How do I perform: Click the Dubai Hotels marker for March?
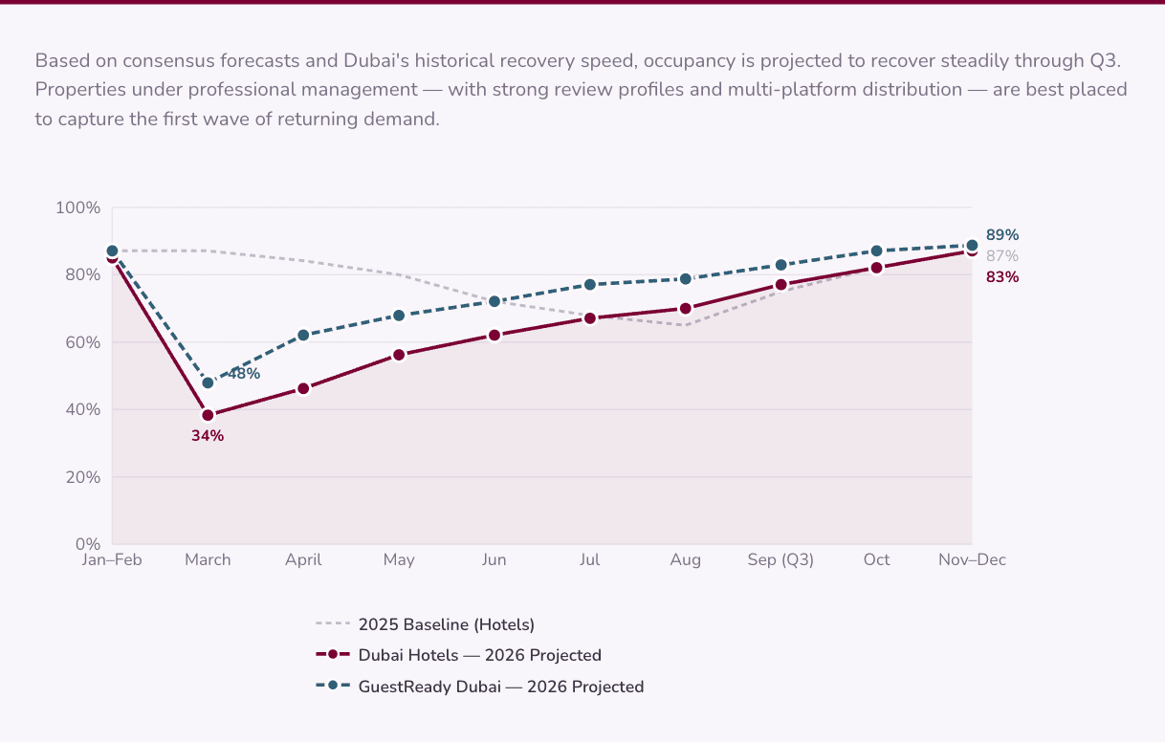[208, 415]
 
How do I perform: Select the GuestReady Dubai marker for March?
[208, 382]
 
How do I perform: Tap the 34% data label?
[208, 436]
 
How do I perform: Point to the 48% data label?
[244, 374]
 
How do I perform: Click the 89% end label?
[1002, 235]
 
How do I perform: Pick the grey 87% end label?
[1002, 256]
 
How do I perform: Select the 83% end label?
[1002, 277]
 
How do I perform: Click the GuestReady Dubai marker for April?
[303, 335]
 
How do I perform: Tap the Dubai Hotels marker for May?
[399, 355]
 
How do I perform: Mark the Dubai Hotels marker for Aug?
[686, 308]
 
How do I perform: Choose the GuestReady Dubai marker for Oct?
[876, 251]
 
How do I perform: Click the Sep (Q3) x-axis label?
[780, 560]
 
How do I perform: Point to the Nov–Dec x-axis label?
[972, 560]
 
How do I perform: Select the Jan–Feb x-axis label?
[112, 560]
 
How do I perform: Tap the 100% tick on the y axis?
[78, 207]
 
